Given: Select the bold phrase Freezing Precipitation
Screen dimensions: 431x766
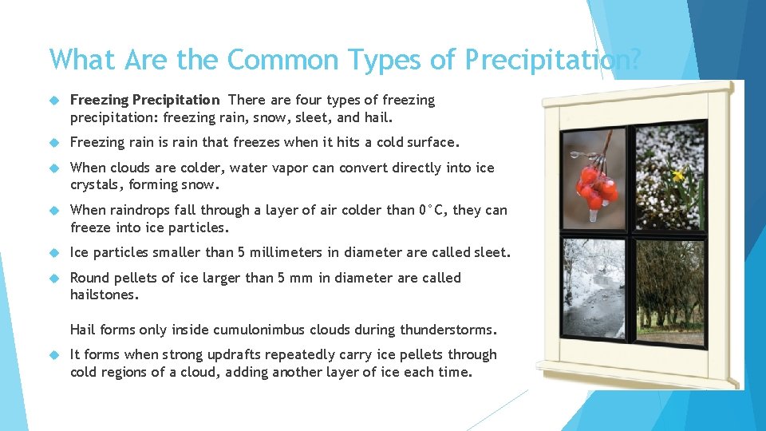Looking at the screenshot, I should click(x=144, y=101).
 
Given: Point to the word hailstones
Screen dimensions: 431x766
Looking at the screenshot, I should click(x=105, y=295).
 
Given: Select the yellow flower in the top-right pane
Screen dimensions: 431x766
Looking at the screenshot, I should click(x=678, y=175).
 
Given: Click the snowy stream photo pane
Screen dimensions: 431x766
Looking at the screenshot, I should click(x=594, y=287).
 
